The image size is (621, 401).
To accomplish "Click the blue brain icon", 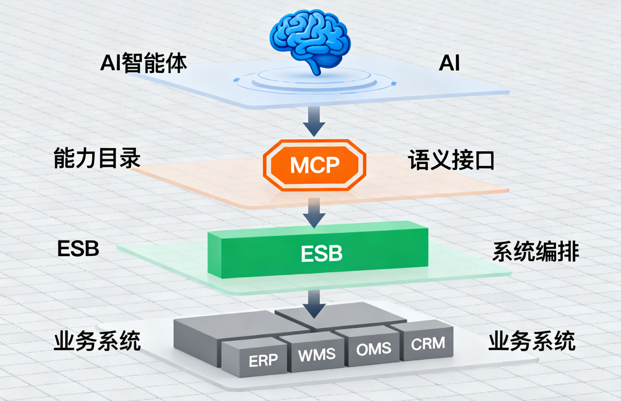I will tap(310, 39).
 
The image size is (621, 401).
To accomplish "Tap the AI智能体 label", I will tap(143, 63).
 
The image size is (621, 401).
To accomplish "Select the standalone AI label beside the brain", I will tap(449, 63).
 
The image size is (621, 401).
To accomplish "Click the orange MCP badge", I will tap(314, 165).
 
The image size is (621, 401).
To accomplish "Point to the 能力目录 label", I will tap(97, 158).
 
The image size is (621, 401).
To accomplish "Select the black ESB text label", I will tap(78, 249).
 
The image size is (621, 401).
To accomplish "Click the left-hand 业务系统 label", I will tap(97, 341).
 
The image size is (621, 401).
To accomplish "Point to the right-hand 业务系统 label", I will tap(532, 341).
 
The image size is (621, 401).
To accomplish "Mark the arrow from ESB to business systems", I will tap(314, 304).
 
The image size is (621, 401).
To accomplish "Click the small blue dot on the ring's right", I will tap(394, 83).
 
